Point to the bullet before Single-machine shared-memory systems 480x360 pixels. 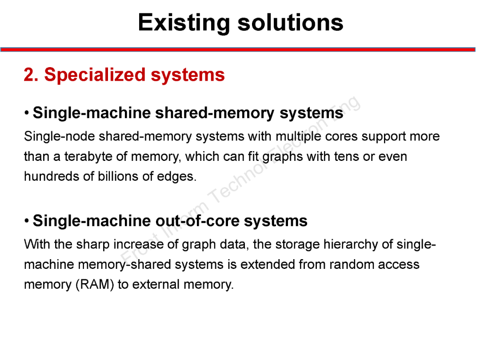tap(28, 113)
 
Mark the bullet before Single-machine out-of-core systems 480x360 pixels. tap(28, 220)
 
